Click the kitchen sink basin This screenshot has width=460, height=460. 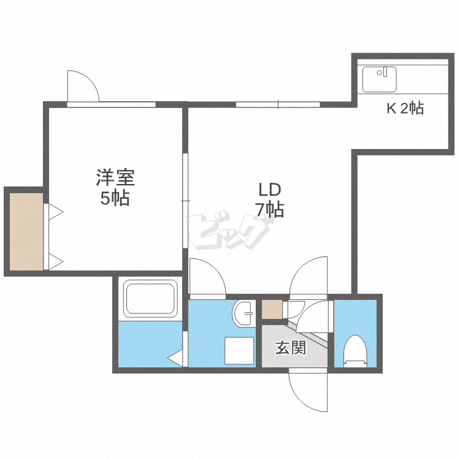pos(379,80)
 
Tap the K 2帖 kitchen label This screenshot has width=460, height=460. pos(405,108)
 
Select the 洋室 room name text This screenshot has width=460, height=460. pos(115,177)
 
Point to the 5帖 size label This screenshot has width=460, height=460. pos(115,198)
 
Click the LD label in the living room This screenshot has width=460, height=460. pos(270,190)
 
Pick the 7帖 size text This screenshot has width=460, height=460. pos(270,210)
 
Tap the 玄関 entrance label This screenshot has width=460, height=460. pos(291,348)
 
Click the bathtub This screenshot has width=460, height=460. pos(150,299)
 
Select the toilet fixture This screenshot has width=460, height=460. pos(355,351)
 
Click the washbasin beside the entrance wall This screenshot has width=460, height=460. pos(242,313)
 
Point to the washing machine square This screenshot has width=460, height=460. pos(239,351)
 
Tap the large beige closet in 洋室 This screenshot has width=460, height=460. pos(26,231)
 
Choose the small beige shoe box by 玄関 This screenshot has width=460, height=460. pos(272,310)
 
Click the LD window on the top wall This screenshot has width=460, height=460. pos(278,104)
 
